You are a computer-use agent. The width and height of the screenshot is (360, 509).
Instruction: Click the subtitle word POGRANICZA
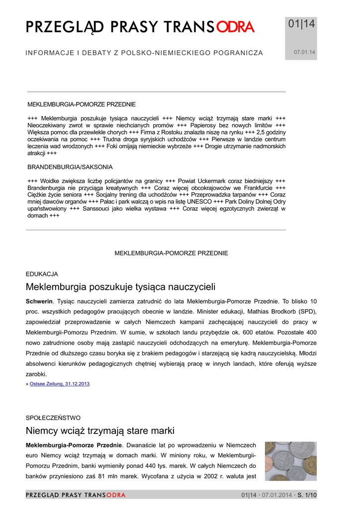[x=238, y=53]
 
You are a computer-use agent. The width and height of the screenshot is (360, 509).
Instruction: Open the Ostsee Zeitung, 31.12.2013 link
[x=60, y=384]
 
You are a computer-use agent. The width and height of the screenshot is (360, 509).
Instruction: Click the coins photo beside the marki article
[x=290, y=461]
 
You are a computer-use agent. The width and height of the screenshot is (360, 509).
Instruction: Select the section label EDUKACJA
[x=42, y=274]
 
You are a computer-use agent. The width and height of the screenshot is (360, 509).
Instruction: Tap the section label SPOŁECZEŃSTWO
[x=53, y=418]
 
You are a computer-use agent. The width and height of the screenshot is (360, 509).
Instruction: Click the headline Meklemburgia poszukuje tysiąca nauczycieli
[x=120, y=287]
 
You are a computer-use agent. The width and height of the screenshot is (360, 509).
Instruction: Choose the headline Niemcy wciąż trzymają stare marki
[x=100, y=430]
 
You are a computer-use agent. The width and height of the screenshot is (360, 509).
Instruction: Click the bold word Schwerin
[x=39, y=302]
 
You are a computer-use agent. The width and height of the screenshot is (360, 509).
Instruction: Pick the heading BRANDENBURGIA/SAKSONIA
[x=70, y=167]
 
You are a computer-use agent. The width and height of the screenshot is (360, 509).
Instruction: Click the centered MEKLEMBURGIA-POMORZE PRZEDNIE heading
[x=172, y=254]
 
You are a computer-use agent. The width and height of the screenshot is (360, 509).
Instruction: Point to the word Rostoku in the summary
[x=170, y=133]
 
